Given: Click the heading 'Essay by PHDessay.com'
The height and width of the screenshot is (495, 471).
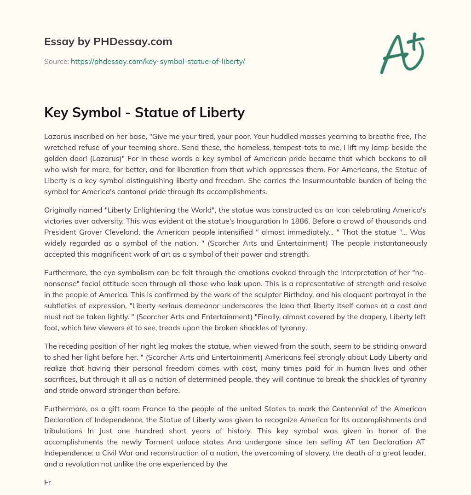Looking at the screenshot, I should (108, 41).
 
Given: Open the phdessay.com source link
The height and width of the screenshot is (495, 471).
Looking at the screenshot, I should (158, 61).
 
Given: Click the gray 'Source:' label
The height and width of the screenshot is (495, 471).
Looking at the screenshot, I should (56, 61).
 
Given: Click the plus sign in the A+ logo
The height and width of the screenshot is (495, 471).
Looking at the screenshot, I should (416, 41).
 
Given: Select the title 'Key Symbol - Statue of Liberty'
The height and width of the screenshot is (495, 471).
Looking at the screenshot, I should (144, 112).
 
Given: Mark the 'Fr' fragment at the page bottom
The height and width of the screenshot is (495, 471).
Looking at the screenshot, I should (47, 482).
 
